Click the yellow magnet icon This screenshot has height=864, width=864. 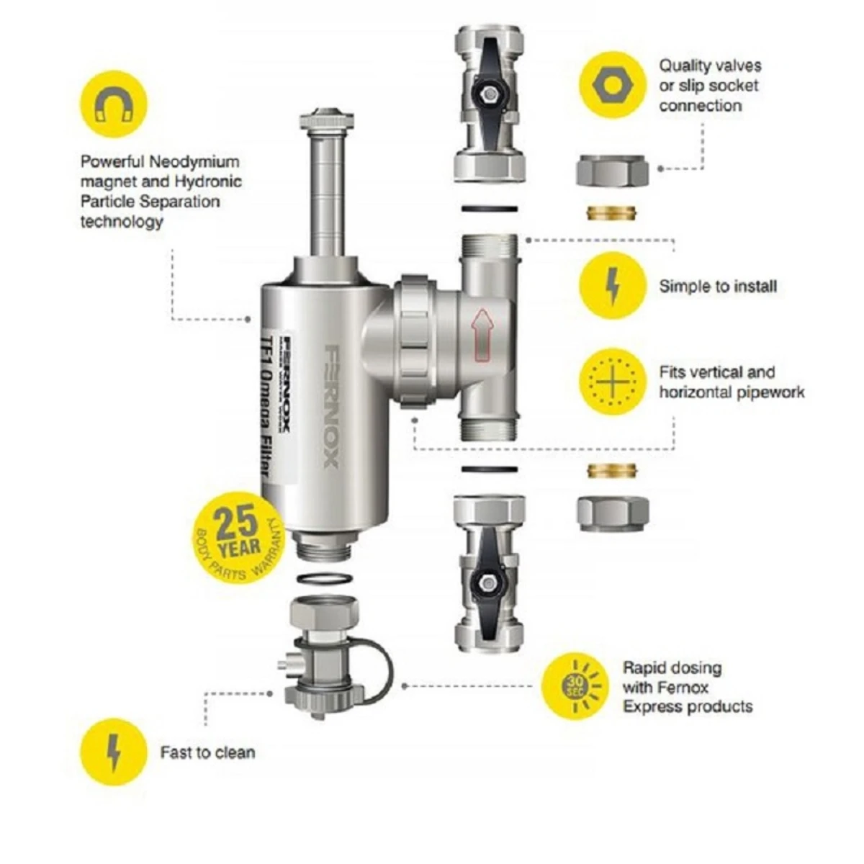[114, 104]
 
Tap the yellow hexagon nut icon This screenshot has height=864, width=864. [613, 85]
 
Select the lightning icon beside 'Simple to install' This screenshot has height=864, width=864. [613, 286]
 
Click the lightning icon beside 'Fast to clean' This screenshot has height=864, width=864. [114, 752]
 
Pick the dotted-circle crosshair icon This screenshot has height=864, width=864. [613, 382]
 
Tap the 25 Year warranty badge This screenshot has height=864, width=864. [238, 537]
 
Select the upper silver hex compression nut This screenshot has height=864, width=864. [612, 171]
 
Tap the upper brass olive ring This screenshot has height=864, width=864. [612, 213]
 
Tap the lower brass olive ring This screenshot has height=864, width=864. [612, 472]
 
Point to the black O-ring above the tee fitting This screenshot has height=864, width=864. [490, 209]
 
